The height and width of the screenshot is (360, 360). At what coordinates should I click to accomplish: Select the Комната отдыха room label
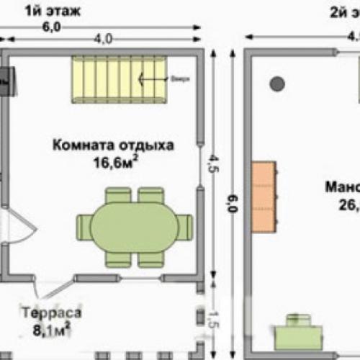[112, 145]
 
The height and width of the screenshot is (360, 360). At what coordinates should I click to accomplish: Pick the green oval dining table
[134, 227]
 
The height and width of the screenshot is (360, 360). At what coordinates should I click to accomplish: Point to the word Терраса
[50, 315]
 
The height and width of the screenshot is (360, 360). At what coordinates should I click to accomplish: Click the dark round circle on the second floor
[276, 84]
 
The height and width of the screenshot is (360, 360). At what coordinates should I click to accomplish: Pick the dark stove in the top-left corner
[6, 81]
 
